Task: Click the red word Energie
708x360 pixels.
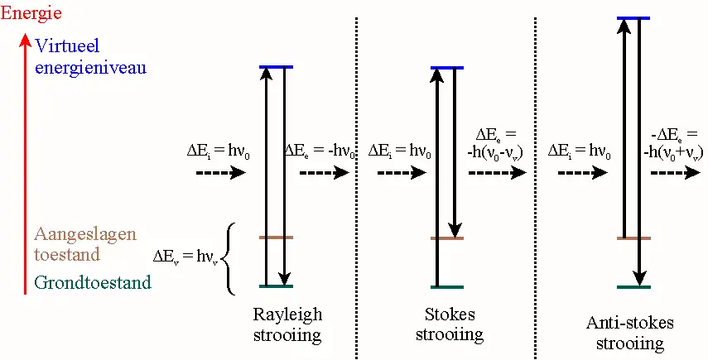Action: (31, 13)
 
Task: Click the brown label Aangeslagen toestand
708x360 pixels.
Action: (84, 244)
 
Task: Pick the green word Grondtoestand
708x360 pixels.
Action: (93, 283)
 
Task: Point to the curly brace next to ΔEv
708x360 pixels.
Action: (231, 258)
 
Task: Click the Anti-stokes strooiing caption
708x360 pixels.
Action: (630, 332)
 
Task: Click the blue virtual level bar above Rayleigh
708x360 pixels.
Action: (276, 67)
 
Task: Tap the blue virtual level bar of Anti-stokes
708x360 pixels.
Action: (633, 17)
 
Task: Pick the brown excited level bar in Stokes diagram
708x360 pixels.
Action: (447, 238)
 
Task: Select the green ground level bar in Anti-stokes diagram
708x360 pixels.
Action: (633, 287)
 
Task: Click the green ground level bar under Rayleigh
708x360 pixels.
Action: (276, 287)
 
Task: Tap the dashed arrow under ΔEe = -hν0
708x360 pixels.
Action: (324, 174)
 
